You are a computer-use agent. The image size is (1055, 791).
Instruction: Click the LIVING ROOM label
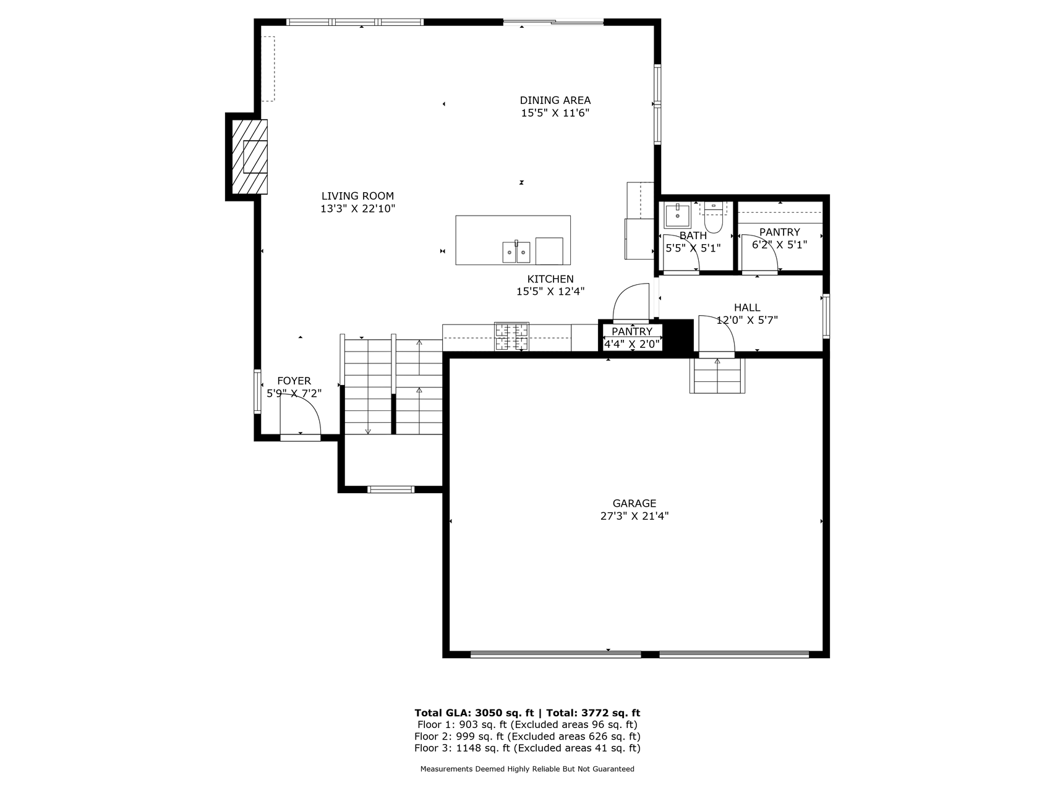point(357,197)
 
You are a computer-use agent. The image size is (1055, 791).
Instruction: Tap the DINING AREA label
point(555,100)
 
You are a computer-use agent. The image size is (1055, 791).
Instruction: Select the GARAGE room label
point(634,504)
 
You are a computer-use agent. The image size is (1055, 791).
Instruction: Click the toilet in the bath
point(714,218)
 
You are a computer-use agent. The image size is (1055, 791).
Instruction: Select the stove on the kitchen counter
point(512,337)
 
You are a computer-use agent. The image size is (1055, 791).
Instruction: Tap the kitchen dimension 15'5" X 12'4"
point(550,292)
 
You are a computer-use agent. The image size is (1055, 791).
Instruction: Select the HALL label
point(747,308)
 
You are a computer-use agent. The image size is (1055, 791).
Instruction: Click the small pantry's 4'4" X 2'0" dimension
point(633,344)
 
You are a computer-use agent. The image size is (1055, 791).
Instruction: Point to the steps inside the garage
point(717,376)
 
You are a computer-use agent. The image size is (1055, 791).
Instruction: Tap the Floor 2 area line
point(527,737)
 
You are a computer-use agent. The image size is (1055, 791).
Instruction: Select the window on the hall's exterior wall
point(826,316)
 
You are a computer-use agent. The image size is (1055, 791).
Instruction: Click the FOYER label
point(294,381)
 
